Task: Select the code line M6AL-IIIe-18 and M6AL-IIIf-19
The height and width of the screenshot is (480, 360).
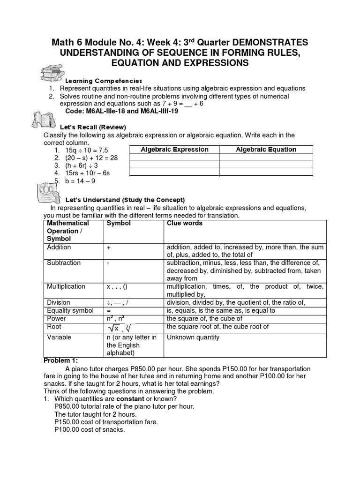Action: [121, 112]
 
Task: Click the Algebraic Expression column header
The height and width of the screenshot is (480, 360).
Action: [174, 150]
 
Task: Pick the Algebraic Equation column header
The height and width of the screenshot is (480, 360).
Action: [266, 150]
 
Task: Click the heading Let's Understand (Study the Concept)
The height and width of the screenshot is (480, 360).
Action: [118, 200]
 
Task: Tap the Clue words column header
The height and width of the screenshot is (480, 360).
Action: [185, 224]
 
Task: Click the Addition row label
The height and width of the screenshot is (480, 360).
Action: [59, 247]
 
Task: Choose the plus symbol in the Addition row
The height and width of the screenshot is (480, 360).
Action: [109, 247]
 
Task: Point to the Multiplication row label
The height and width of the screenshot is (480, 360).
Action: [66, 286]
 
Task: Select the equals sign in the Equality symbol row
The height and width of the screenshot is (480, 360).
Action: [109, 310]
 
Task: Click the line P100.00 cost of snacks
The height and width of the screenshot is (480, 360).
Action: [90, 429]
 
